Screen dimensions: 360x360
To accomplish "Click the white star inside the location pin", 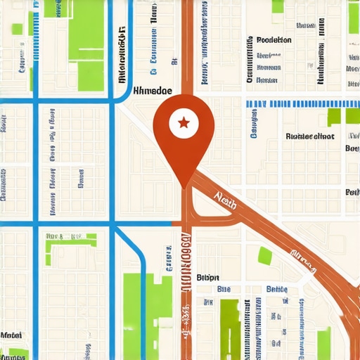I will point(184,124).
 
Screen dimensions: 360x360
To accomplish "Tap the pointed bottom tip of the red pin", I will point(184,186).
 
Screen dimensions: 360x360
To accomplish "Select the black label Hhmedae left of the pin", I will point(152,91).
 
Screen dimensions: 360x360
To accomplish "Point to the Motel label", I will point(11,335).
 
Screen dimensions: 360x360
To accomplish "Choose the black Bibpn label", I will point(208,276).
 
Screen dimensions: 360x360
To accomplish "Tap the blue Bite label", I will point(224,289).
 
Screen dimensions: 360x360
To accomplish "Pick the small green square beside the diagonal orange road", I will point(265,256).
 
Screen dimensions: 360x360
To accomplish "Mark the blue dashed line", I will point(302,103).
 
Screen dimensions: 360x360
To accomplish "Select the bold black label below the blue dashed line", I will point(310,136).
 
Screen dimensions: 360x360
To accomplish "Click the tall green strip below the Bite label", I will point(229,327).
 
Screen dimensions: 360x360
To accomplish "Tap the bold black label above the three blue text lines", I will point(274,40).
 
